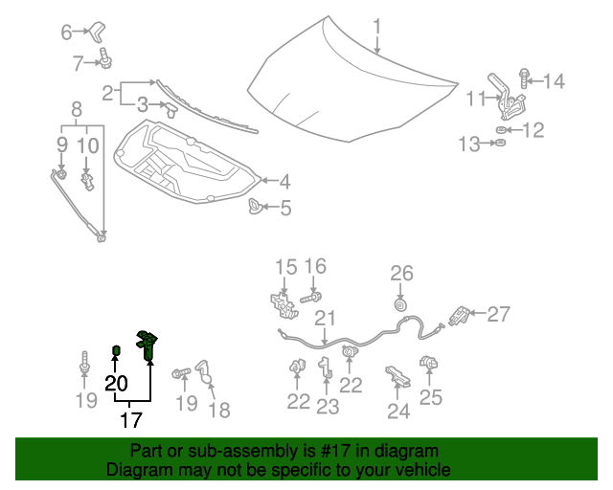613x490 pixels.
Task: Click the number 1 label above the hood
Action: tap(377, 25)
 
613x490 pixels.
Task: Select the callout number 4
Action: tap(284, 181)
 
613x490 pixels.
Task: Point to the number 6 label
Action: tap(67, 33)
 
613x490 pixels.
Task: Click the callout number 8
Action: tap(77, 109)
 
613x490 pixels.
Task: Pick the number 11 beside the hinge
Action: tap(477, 99)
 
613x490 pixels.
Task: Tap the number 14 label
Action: tap(555, 81)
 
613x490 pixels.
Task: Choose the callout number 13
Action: tap(468, 145)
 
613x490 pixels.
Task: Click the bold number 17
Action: tap(131, 418)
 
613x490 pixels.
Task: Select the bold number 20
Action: tap(116, 384)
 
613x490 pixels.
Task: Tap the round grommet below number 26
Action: tap(400, 305)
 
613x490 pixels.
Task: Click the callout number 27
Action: tap(499, 313)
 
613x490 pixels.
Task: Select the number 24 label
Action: tap(397, 412)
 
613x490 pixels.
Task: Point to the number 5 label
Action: tap(285, 207)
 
